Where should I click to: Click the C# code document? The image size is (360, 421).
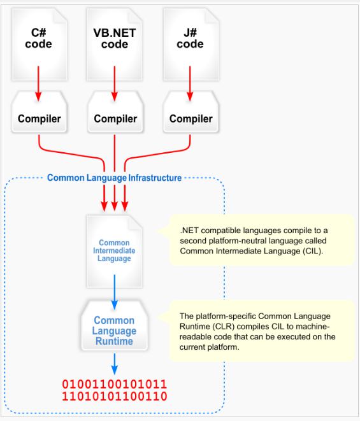(x=40, y=45)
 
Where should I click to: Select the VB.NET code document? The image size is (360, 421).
(x=115, y=45)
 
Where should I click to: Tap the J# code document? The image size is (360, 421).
(x=191, y=45)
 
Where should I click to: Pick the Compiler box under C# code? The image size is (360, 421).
(x=40, y=112)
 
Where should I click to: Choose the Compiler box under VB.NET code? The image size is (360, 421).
(x=115, y=112)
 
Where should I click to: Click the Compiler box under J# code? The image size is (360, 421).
(x=191, y=112)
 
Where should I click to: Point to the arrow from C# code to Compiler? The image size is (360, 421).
(x=38, y=83)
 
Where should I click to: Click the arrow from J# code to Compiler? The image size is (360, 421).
(x=190, y=83)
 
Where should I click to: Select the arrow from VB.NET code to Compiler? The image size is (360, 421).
(x=115, y=83)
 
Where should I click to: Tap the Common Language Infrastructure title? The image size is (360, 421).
(x=114, y=178)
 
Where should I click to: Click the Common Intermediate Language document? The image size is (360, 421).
(x=115, y=252)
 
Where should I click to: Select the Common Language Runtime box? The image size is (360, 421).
(x=115, y=325)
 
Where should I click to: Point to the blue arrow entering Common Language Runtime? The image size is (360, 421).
(x=115, y=292)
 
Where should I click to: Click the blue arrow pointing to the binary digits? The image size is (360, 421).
(x=115, y=364)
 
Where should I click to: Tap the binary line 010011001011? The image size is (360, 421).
(x=115, y=384)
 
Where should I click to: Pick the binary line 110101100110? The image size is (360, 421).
(x=115, y=396)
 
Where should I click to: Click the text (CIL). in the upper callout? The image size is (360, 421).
(x=313, y=251)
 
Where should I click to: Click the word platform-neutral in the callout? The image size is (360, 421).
(x=238, y=241)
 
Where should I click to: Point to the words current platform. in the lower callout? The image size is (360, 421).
(x=209, y=347)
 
